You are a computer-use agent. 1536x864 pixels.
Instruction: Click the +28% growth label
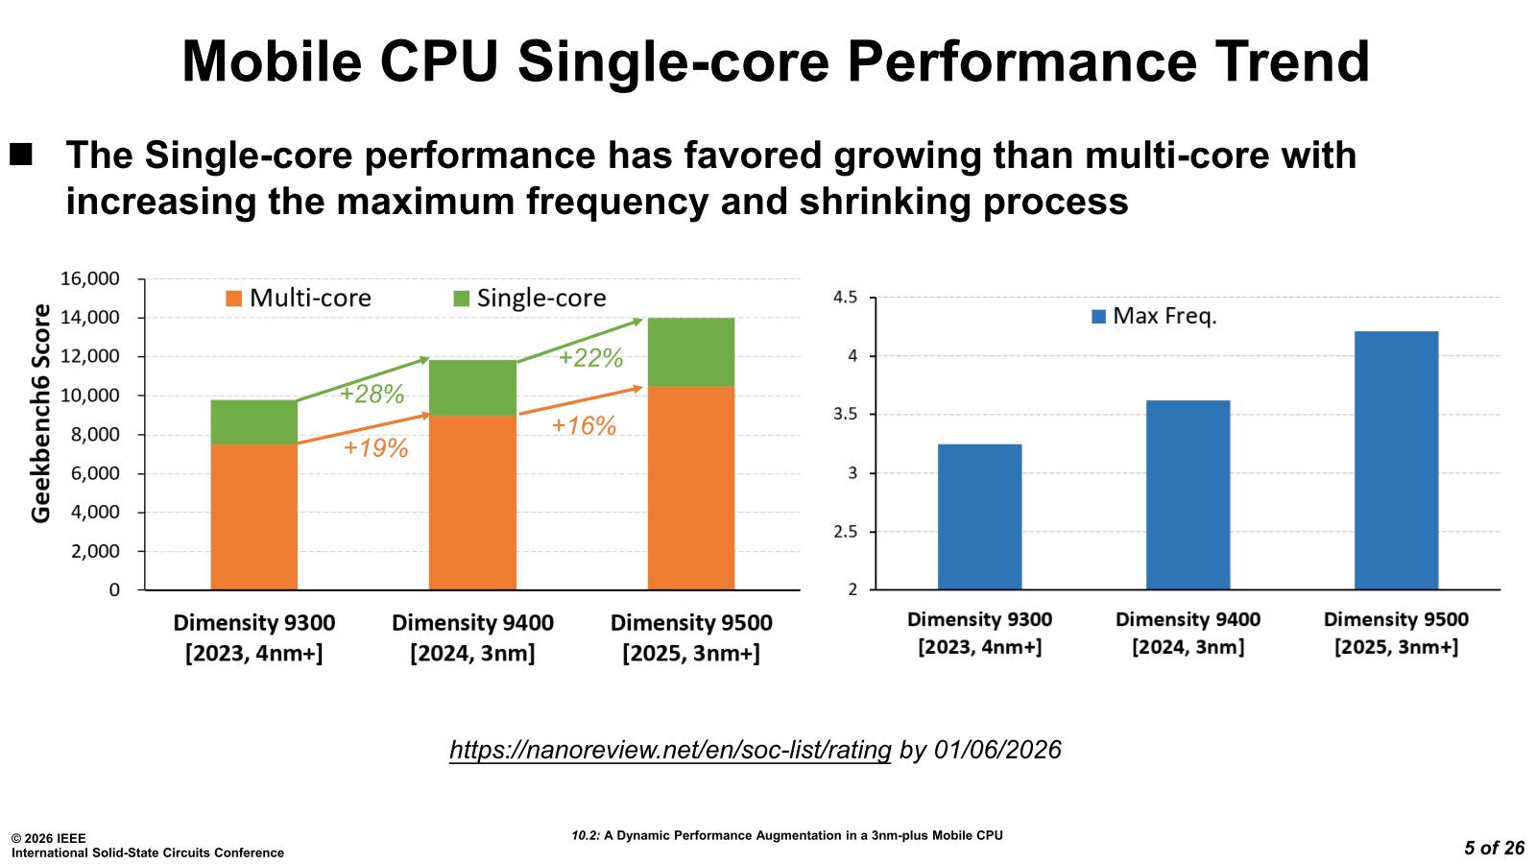372,394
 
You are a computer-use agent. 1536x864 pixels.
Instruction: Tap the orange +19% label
375,447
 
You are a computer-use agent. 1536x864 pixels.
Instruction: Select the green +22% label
590,358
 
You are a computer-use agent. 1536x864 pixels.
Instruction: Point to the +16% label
583,426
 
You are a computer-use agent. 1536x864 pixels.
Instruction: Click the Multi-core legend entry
299,299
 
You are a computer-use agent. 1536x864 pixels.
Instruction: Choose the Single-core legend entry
529,299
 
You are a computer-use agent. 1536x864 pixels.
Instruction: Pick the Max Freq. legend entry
1154,316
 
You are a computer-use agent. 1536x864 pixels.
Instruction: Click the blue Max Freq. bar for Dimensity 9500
1396,460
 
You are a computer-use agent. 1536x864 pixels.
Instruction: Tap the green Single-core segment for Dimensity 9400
472,388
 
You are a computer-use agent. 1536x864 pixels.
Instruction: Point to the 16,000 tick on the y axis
90,279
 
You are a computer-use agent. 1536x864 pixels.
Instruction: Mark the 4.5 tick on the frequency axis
845,298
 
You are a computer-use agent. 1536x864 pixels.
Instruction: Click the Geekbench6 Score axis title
41,413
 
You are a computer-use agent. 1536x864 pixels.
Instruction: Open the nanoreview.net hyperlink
670,750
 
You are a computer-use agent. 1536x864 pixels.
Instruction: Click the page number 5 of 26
1494,848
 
